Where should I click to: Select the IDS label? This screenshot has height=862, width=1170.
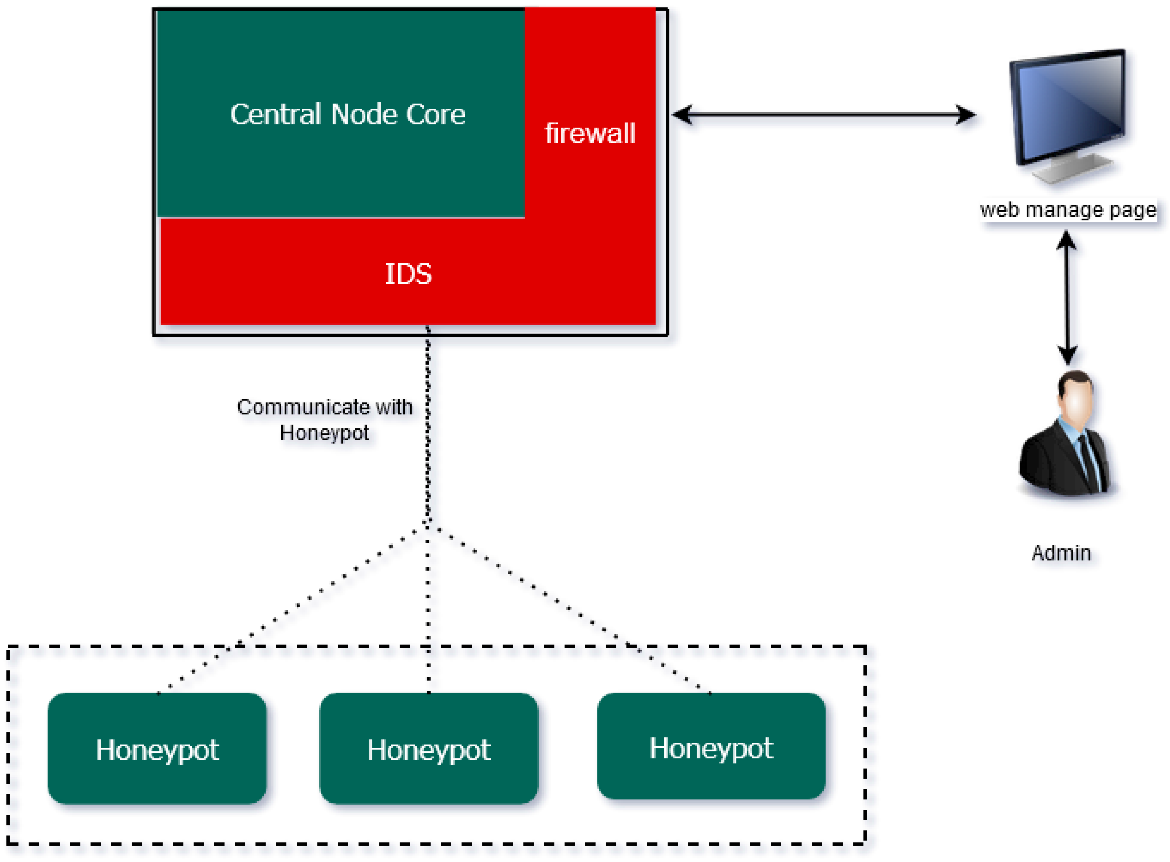tap(408, 274)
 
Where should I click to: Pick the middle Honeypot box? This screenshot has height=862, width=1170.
tap(428, 749)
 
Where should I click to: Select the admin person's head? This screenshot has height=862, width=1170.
tap(1076, 394)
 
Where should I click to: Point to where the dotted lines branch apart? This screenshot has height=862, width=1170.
tap(428, 522)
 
